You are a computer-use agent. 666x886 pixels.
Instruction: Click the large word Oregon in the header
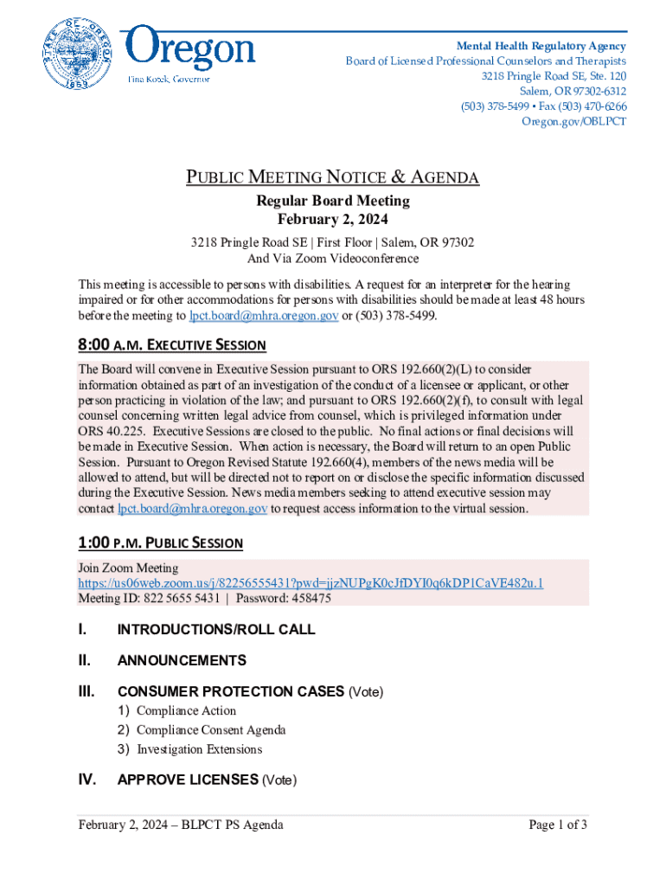(x=191, y=49)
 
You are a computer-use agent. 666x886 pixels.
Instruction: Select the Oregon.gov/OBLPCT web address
(x=574, y=121)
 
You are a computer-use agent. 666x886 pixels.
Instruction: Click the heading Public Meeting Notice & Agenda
(x=333, y=178)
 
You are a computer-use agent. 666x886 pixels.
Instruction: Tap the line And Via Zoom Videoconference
(x=333, y=259)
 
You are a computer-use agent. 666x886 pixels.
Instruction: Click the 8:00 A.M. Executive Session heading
(x=172, y=345)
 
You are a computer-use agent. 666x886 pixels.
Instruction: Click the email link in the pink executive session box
(x=192, y=509)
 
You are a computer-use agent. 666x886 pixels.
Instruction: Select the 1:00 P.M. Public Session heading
(x=161, y=543)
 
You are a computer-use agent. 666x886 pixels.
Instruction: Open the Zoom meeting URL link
(x=311, y=583)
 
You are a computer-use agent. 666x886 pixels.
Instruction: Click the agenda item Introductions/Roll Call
(x=216, y=630)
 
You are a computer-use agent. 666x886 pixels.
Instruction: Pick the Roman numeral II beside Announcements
(x=85, y=660)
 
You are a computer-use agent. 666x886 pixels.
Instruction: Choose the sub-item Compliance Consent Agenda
(x=211, y=729)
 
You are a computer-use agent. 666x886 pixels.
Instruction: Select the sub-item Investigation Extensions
(x=199, y=749)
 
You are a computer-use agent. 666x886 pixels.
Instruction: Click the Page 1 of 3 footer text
(x=558, y=825)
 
